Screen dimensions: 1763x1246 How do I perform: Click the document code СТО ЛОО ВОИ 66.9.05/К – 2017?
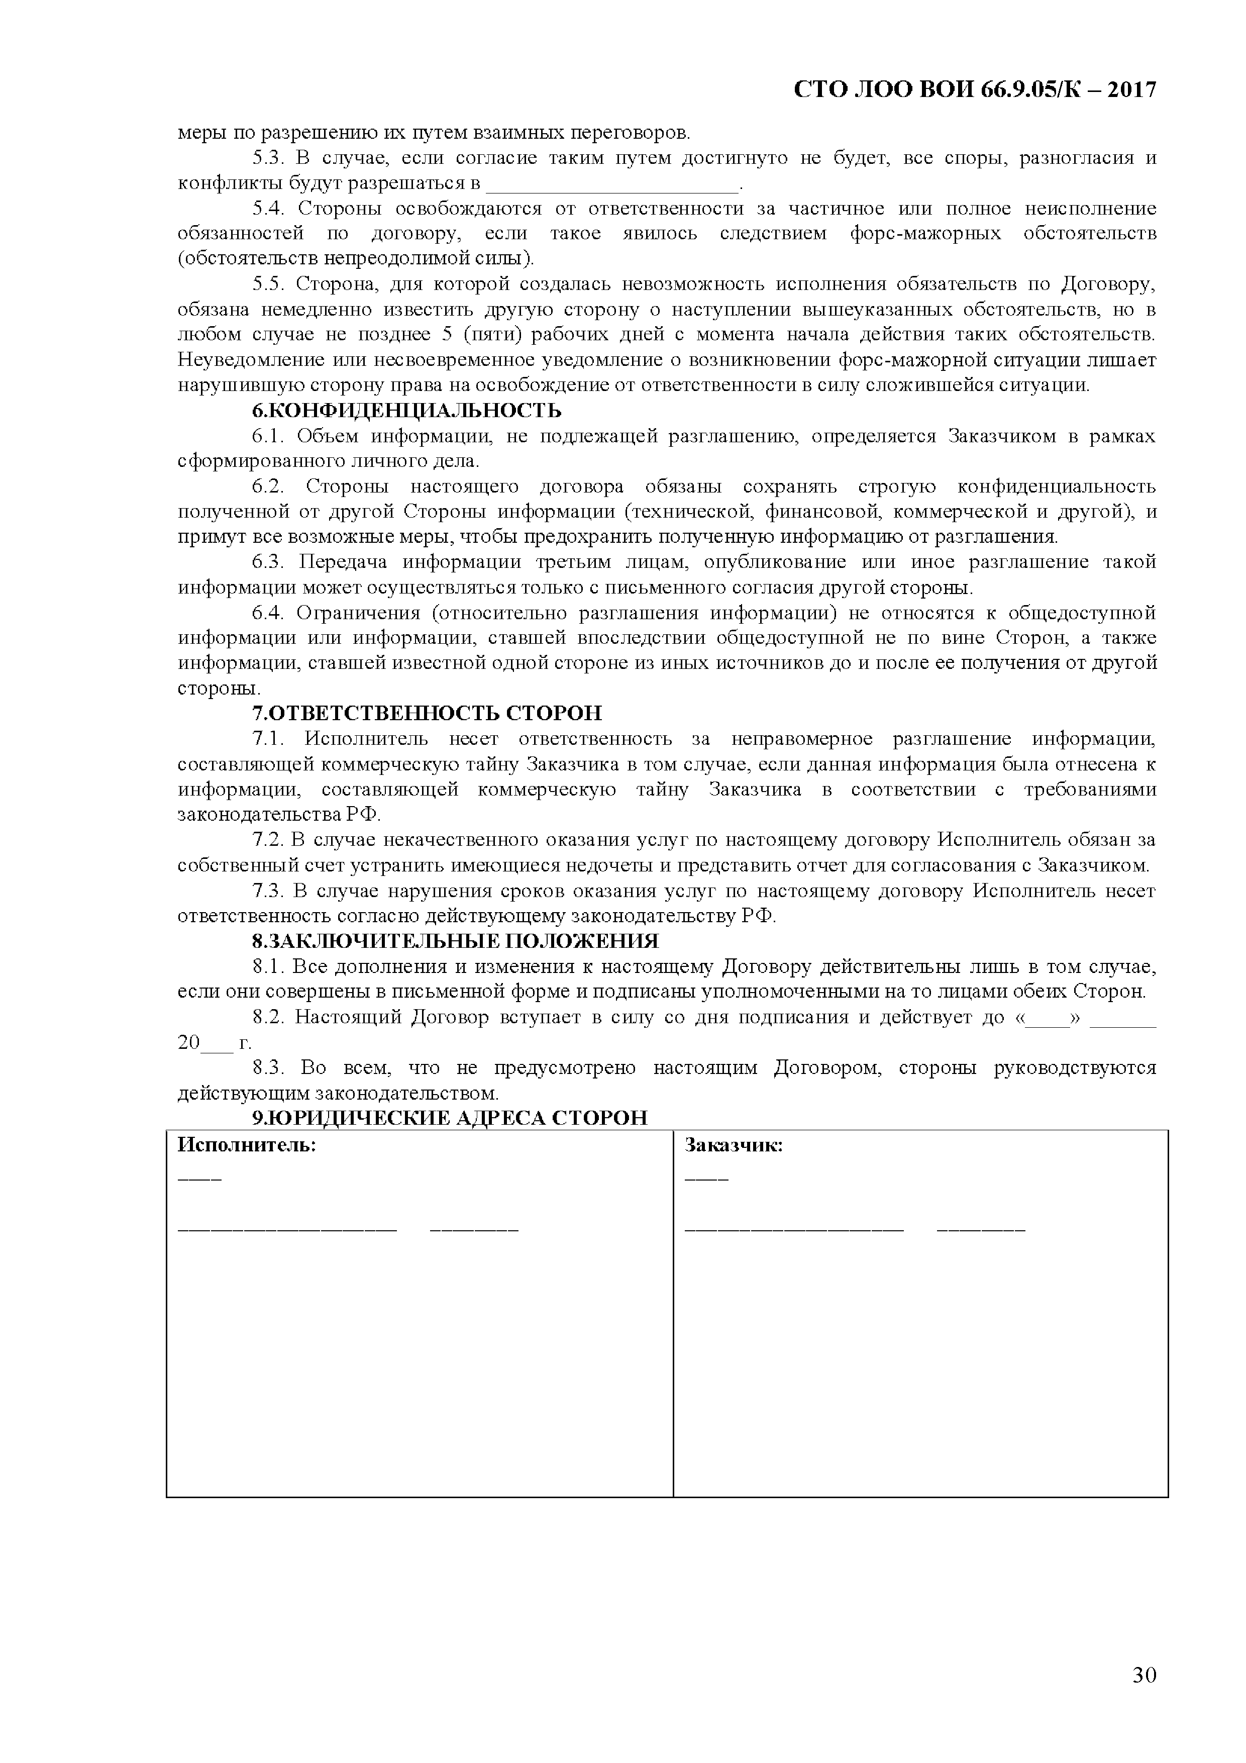(x=974, y=90)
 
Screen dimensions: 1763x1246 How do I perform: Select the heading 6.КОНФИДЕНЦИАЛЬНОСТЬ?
(x=407, y=411)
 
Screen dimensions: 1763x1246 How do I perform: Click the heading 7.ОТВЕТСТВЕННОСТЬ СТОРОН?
(x=428, y=713)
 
